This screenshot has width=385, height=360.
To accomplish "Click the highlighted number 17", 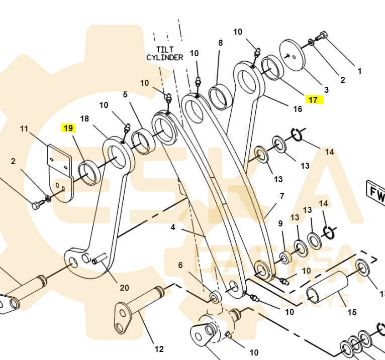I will [x=313, y=100].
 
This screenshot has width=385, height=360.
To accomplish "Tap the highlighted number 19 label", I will [x=68, y=129].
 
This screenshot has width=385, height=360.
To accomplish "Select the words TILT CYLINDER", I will [x=164, y=53].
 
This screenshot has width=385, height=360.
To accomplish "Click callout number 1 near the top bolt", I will [x=359, y=71].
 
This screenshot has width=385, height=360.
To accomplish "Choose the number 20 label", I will [x=124, y=288].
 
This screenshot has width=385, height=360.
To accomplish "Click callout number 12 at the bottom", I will [x=159, y=349].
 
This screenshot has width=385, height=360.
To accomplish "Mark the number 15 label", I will [x=352, y=312].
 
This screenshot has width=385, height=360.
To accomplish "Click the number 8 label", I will [x=220, y=43].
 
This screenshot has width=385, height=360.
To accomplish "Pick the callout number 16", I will [x=298, y=109].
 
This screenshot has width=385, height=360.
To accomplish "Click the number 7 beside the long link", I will [x=282, y=196].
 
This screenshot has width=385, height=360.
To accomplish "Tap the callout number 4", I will [x=173, y=227].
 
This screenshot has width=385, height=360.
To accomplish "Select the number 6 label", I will [x=180, y=265].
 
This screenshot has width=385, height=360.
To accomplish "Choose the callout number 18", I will [x=84, y=118].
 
